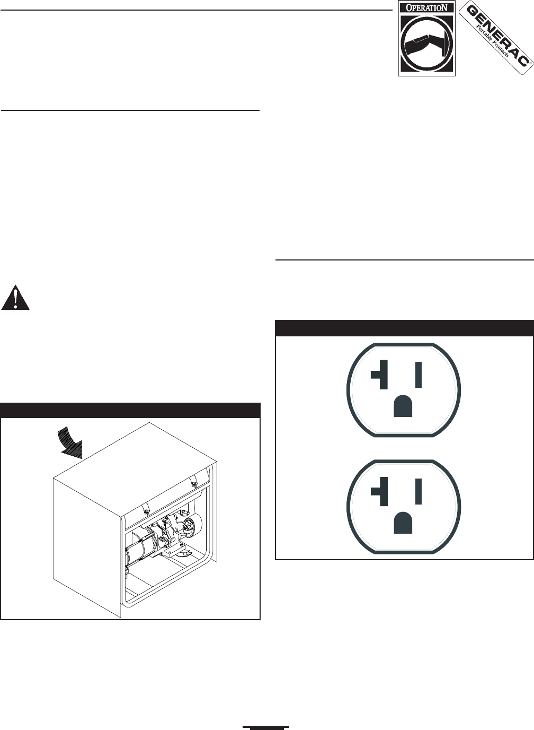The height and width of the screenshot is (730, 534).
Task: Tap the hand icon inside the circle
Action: coord(426,45)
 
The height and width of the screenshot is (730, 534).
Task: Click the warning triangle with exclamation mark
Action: coord(15,299)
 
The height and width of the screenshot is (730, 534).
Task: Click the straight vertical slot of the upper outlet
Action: coord(419,374)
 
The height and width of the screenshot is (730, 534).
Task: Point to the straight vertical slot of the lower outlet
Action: coord(419,491)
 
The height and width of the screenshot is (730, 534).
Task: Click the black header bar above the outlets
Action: coord(404,328)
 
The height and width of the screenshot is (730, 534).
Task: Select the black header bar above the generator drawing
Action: coord(130,410)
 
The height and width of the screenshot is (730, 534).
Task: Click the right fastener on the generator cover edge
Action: coord(194,483)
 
